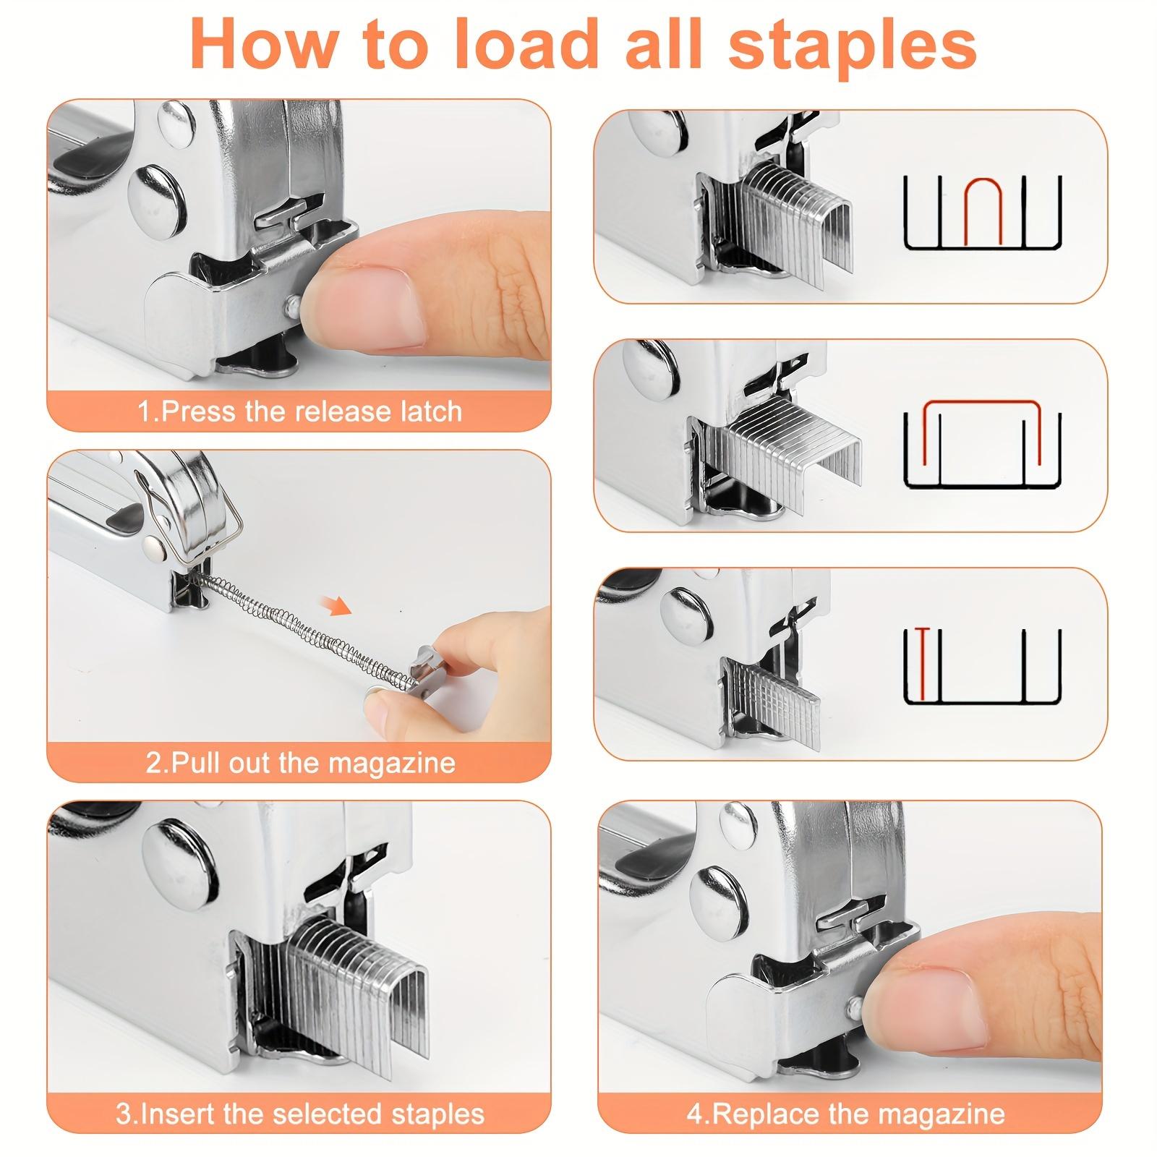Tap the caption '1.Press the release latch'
[299, 411]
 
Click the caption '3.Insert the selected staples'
[299, 1113]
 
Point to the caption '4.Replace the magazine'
[845, 1113]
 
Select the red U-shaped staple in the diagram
[982, 210]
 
